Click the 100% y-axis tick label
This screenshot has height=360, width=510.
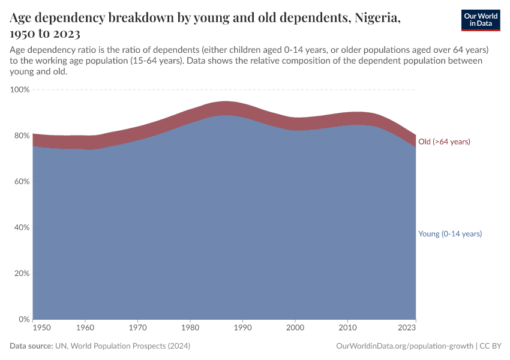pyautogui.click(x=19, y=89)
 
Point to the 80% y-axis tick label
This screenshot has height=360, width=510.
pyautogui.click(x=21, y=136)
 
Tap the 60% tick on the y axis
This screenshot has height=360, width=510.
pyautogui.click(x=21, y=181)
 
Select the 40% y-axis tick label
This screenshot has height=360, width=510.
pyautogui.click(x=21, y=227)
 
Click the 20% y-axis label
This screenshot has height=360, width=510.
pyautogui.click(x=21, y=273)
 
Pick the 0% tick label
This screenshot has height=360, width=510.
pyautogui.click(x=23, y=319)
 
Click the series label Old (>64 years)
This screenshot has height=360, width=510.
pyautogui.click(x=444, y=142)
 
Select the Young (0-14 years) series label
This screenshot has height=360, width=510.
pyautogui.click(x=450, y=234)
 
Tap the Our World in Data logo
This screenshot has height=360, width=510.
pyautogui.click(x=480, y=20)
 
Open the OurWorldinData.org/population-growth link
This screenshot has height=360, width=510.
pyautogui.click(x=404, y=346)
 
